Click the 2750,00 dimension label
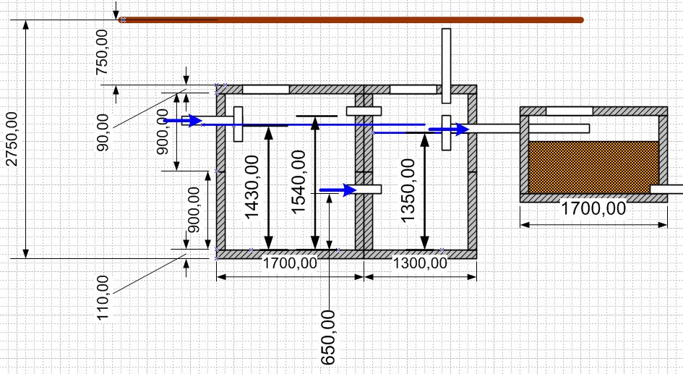(x=12, y=139)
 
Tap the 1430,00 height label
(x=252, y=187)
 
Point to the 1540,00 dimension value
(x=298, y=182)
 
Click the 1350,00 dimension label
(x=408, y=190)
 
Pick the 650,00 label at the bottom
(x=328, y=338)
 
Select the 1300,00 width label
(x=421, y=263)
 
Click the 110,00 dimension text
(x=103, y=298)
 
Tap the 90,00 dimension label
(x=103, y=132)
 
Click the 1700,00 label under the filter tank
(x=593, y=208)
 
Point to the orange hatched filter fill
(x=593, y=167)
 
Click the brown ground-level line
(x=351, y=20)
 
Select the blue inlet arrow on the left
(x=183, y=121)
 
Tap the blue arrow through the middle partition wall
(x=338, y=190)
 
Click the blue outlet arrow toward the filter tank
(x=449, y=129)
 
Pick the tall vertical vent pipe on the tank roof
(x=446, y=66)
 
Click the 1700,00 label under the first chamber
(x=290, y=263)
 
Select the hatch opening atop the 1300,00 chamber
(x=413, y=90)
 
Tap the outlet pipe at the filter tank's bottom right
(x=666, y=190)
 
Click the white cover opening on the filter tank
(x=570, y=111)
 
